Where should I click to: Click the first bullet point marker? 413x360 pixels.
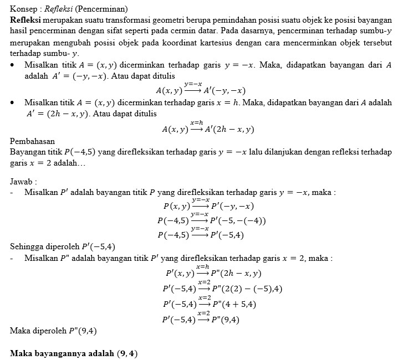pyautogui.click(x=13, y=65)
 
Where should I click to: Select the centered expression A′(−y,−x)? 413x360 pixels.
pyautogui.click(x=226, y=90)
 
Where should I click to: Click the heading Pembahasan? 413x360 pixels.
pyautogui.click(x=32, y=141)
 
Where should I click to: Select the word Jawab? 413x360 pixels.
pyautogui.click(x=23, y=181)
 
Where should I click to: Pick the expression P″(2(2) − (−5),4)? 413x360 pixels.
pyautogui.click(x=248, y=289)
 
